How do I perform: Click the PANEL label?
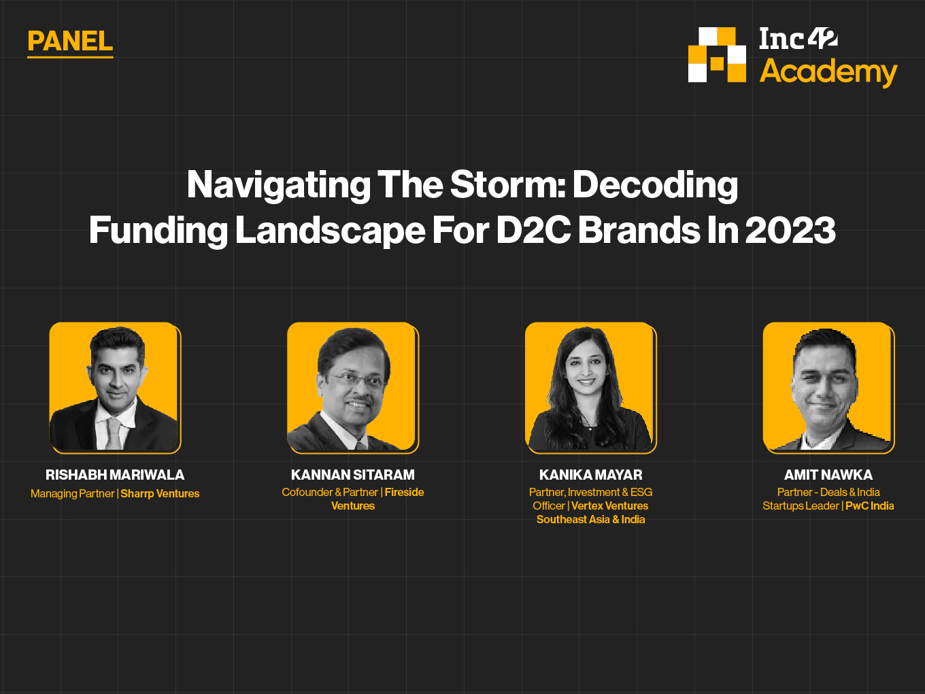point(70,42)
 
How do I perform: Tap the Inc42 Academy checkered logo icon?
point(717,55)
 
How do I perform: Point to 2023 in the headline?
point(790,230)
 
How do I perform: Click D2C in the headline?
point(533,230)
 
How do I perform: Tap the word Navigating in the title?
point(279,185)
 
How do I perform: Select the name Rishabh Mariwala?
point(115,475)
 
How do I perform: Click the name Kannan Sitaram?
point(353,475)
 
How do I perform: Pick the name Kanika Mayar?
point(591,475)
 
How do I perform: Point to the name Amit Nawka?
point(828,475)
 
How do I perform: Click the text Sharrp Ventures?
point(160,493)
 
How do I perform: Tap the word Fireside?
point(404,492)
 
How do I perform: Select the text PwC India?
point(869,506)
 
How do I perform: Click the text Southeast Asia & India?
point(591,519)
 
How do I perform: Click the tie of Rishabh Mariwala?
point(114,434)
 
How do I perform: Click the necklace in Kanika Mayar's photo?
point(589,423)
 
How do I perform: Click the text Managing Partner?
point(73,493)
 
